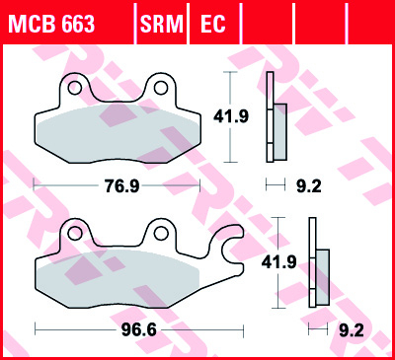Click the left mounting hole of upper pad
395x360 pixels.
pyautogui.click(x=71, y=88)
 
